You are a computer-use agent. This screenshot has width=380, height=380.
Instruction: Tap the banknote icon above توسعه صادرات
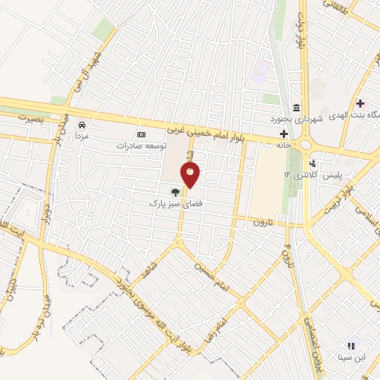point(141,134)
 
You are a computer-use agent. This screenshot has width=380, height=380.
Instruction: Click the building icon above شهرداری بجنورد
point(297,108)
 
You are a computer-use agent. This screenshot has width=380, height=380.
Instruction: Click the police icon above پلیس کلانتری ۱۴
point(312,163)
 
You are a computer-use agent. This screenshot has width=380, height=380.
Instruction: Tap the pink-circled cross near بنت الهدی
point(361,103)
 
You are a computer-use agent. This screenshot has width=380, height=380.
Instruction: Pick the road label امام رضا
point(220,317)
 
